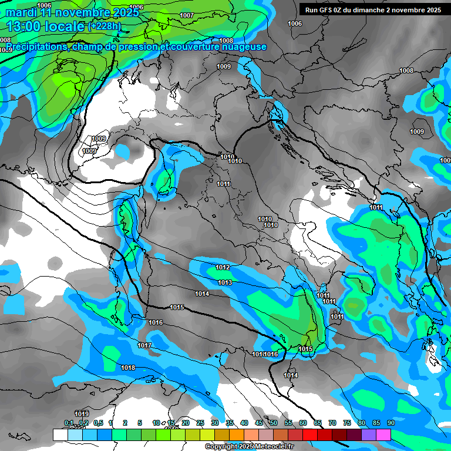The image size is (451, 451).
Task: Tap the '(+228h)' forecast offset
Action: [x=104, y=26]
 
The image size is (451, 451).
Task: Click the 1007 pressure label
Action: [x=187, y=15]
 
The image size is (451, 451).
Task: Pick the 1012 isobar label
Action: [x=223, y=267]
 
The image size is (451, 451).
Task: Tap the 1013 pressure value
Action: [x=225, y=282]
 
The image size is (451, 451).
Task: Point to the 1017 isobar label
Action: [x=144, y=345]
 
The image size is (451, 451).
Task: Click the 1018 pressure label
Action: [x=128, y=368]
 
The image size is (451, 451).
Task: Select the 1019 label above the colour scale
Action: [x=82, y=413]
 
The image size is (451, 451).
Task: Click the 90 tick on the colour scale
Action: [x=391, y=423]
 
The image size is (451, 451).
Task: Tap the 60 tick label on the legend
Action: [x=303, y=423]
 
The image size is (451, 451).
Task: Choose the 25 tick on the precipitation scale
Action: [x=200, y=423]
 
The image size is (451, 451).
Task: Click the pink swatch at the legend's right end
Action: [x=383, y=435]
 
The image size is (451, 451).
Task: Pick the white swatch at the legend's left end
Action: [x=60, y=435]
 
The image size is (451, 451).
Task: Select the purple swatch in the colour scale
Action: [x=368, y=435]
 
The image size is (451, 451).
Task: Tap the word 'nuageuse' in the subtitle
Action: [x=242, y=46]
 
